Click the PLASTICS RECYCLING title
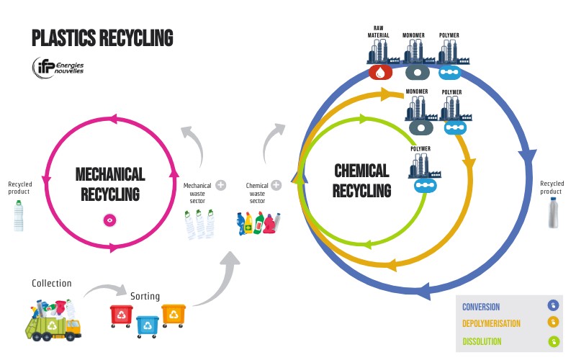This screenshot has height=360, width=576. tap(102, 37)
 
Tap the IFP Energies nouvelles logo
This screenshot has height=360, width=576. tap(58, 67)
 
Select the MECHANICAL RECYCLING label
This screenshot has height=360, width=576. tap(110, 184)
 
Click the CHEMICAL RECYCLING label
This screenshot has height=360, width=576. tap(361, 180)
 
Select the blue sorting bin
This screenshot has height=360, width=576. tap(148, 325)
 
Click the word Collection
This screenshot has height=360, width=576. tap(51, 283)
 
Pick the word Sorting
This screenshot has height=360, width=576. tap(145, 296)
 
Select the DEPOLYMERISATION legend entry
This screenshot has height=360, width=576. tap(491, 323)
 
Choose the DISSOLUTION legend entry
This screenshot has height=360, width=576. tap(483, 341)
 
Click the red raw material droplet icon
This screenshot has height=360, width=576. tap(380, 72)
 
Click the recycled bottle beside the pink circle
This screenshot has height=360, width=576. tap(18, 215)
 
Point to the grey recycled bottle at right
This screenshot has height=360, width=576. tap(552, 213)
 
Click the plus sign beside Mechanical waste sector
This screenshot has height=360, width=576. tap(221, 185)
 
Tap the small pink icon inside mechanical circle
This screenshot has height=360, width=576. tap(109, 220)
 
